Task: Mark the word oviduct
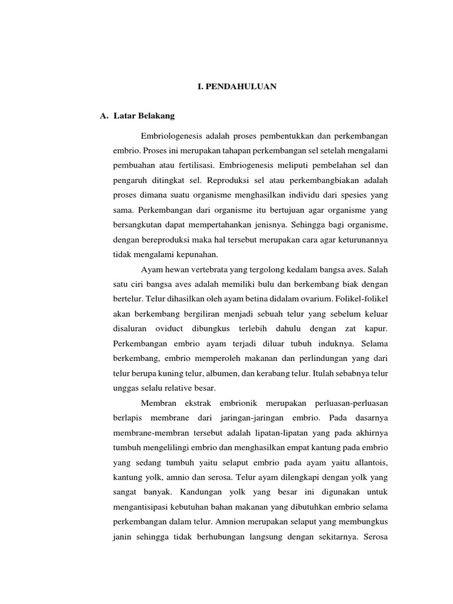[x=172, y=329]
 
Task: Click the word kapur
[x=374, y=329]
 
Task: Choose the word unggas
[x=125, y=388]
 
